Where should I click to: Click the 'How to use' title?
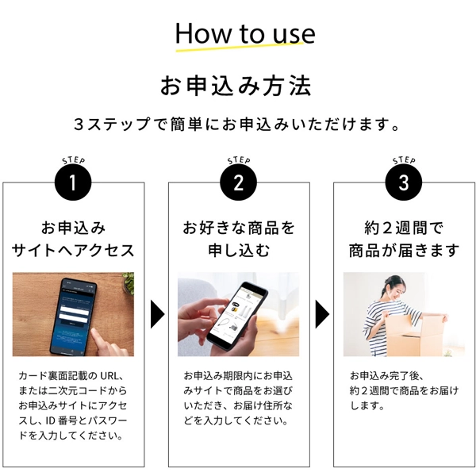245,33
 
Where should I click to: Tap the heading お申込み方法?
236,86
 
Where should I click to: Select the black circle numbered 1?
73,182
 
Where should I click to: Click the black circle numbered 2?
238,182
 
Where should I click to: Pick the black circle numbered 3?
404,182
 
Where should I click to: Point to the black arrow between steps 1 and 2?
157,314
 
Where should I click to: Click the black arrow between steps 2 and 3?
322,314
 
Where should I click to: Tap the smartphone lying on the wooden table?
75,316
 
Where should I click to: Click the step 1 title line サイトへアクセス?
73,251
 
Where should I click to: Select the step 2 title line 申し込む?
239,251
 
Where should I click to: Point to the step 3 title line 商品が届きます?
404,251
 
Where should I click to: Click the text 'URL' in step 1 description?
109,376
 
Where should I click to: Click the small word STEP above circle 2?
239,160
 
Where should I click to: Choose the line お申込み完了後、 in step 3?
386,376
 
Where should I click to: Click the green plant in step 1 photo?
129,282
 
